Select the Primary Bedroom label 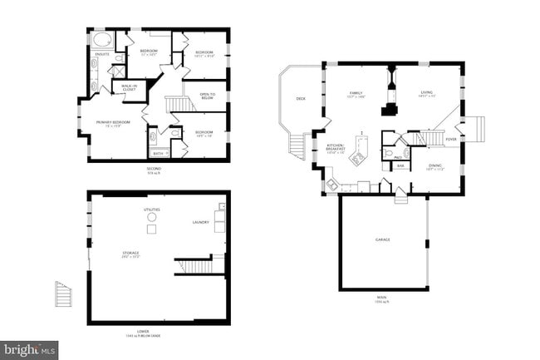tap(110, 123)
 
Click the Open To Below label tap(208, 96)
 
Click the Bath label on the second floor tap(158, 153)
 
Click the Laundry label tap(200, 222)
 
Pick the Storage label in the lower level tap(130, 254)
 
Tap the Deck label tap(301, 100)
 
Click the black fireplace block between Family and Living tap(387, 108)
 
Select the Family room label tap(356, 95)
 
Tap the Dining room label tap(434, 166)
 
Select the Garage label tap(382, 239)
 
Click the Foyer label tap(451, 140)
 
